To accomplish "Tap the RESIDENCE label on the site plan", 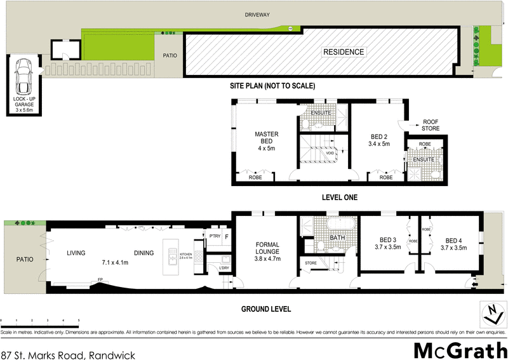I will [x=344, y=52].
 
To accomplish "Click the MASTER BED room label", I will [x=267, y=141].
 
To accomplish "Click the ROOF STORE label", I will [x=431, y=125].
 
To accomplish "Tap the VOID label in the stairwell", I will [x=330, y=153].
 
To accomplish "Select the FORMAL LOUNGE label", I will [x=267, y=251].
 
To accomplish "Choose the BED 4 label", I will [x=453, y=244].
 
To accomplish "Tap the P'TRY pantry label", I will [x=214, y=237].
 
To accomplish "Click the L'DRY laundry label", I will [x=224, y=267].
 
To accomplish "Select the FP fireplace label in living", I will [x=100, y=279].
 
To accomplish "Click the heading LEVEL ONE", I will [x=340, y=197].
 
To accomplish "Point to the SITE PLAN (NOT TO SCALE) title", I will [x=272, y=86].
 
